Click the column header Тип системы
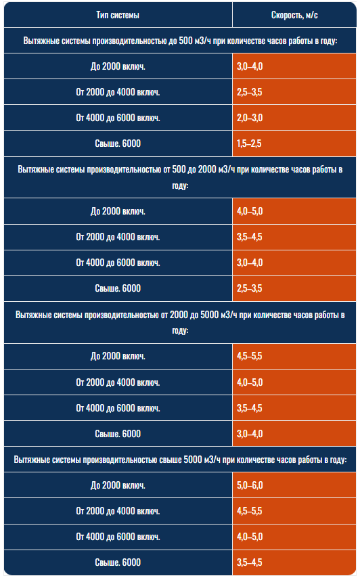(x=118, y=15)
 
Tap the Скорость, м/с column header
(x=294, y=15)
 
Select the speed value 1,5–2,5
(x=249, y=143)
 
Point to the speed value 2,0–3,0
(x=250, y=118)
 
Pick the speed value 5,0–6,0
(x=250, y=485)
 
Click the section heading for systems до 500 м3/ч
(x=180, y=41)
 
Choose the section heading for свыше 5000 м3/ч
(x=180, y=460)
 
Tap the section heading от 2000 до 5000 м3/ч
(x=180, y=322)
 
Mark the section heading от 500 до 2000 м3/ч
(x=180, y=177)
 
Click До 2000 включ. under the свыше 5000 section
(x=118, y=485)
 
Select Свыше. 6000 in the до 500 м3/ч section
(x=118, y=143)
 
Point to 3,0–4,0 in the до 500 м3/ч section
(x=250, y=66)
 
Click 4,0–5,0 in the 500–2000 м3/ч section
(x=250, y=212)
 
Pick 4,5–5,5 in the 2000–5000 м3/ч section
(x=250, y=356)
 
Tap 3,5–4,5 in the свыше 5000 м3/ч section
(x=250, y=562)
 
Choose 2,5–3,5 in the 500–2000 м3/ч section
(x=250, y=288)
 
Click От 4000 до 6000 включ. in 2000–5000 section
(x=118, y=408)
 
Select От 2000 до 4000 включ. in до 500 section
(x=118, y=92)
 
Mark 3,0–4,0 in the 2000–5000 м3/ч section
(x=250, y=434)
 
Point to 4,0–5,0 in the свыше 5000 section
(x=250, y=537)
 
